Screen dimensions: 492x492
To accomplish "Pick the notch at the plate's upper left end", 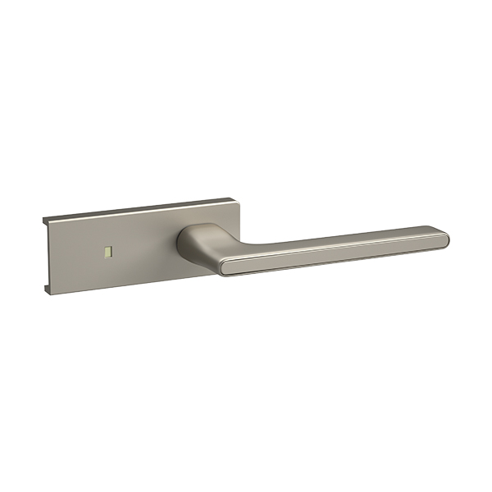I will point(46,223).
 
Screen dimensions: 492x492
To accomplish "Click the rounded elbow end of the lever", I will point(225,263).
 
